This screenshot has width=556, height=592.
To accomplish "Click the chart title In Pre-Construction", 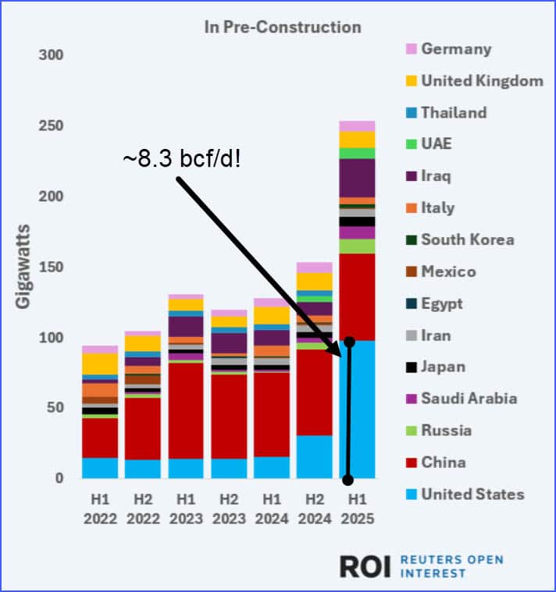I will tap(283, 27).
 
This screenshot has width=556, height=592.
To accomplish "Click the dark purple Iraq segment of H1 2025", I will tap(357, 178).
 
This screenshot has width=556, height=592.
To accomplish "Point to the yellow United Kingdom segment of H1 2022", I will tap(99, 363).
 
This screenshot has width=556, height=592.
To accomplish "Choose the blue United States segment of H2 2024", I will tap(315, 456).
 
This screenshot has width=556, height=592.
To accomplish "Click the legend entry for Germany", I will tap(456, 49).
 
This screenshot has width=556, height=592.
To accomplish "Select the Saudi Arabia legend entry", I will tap(469, 399).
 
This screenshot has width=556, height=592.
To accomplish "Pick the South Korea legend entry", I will tap(467, 239).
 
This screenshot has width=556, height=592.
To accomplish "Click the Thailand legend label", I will tap(454, 112).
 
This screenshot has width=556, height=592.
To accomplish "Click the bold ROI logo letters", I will tap(365, 566).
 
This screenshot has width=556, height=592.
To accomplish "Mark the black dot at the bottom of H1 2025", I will tap(349, 480).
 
